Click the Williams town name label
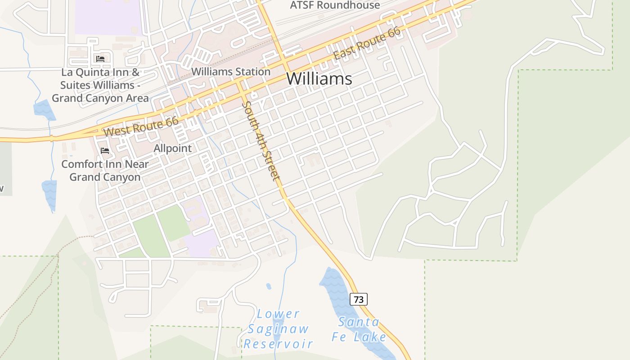tap(319, 79)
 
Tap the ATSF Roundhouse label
tap(335, 5)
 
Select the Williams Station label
tap(231, 72)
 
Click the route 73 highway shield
tap(358, 299)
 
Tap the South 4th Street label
tap(261, 140)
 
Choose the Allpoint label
tap(172, 148)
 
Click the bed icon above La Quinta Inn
tap(100, 59)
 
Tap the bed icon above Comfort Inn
tap(105, 150)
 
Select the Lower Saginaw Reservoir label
tap(278, 329)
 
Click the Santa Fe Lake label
tap(359, 329)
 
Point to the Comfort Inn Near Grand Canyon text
tap(105, 171)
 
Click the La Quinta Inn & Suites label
tap(100, 85)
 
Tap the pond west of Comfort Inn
tap(49, 193)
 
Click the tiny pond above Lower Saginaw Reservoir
tap(269, 286)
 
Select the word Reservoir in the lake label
tap(278, 344)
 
